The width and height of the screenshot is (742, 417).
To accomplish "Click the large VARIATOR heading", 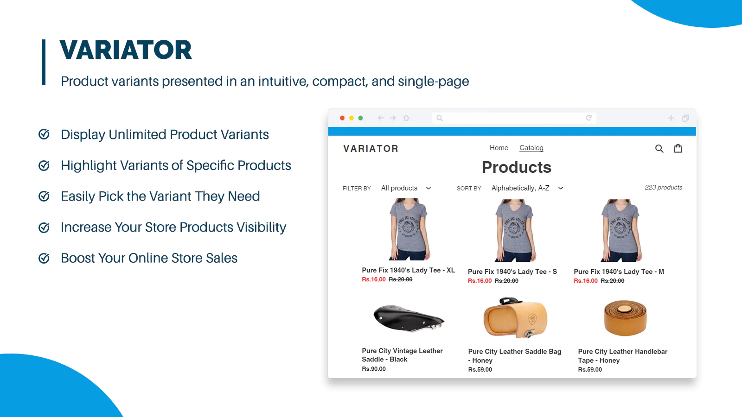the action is click(x=126, y=50).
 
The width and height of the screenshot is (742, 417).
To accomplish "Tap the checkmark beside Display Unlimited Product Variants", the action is click(x=44, y=134).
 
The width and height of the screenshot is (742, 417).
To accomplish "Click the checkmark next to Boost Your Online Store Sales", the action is click(x=44, y=258).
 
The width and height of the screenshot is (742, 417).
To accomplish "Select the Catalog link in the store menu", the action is click(x=531, y=148).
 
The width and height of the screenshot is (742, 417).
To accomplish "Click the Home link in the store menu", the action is click(x=499, y=148).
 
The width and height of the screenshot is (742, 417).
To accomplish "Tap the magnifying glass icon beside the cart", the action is click(x=659, y=149).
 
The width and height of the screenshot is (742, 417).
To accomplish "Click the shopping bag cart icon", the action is click(x=678, y=148).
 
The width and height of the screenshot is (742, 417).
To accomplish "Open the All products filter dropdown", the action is click(x=406, y=188).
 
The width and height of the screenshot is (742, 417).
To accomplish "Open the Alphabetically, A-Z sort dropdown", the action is click(x=527, y=188).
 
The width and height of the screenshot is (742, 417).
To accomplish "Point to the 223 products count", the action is click(x=664, y=187).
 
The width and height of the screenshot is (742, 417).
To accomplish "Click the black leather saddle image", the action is click(x=409, y=318).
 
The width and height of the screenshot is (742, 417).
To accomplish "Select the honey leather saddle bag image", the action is click(x=515, y=317).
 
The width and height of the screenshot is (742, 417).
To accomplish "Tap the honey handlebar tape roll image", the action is click(x=625, y=318).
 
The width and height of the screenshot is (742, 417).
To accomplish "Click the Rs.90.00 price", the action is click(x=374, y=369).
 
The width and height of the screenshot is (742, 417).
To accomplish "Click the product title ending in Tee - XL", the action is click(x=409, y=270).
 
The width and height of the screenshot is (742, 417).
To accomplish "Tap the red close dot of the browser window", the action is click(x=342, y=118).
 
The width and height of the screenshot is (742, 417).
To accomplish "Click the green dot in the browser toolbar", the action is click(x=360, y=118).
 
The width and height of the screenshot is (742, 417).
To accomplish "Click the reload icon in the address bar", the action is click(x=588, y=118).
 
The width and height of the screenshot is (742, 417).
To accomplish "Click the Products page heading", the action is click(x=517, y=167).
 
